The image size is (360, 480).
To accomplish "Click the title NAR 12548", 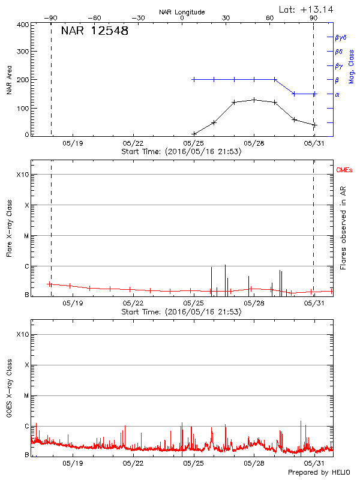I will (x=95, y=31).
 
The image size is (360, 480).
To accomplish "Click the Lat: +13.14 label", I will (x=307, y=9).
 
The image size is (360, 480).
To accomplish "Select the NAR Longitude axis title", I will (x=182, y=12).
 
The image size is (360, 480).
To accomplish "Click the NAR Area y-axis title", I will (x=9, y=79).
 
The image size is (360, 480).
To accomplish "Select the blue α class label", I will (x=337, y=94).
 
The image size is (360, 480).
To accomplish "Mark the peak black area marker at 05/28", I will (x=254, y=100).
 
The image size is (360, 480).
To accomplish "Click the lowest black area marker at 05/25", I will (x=194, y=134).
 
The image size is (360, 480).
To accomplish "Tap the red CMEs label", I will (x=344, y=170).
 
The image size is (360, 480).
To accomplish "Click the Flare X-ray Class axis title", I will (x=9, y=228).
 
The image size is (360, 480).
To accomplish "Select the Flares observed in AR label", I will (x=343, y=228).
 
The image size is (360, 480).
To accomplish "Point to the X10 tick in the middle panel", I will (x=22, y=175).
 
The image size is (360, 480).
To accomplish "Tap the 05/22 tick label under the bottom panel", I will (x=133, y=463).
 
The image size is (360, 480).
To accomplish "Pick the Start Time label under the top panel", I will (x=181, y=152).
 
